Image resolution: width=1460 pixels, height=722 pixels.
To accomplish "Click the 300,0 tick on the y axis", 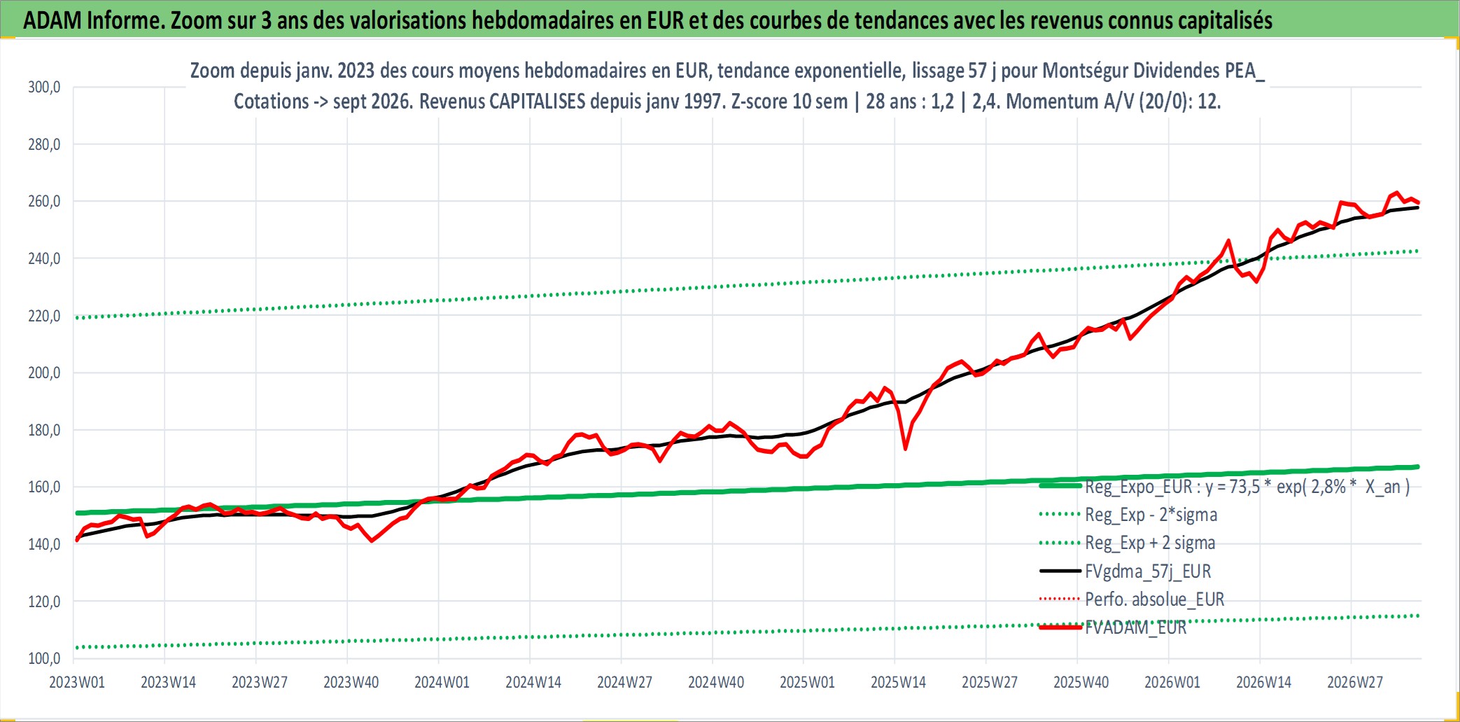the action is click(44, 88).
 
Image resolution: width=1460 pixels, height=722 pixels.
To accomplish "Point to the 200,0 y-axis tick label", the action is click(44, 373).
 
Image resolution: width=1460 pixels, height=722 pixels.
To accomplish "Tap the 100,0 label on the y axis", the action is click(44, 658).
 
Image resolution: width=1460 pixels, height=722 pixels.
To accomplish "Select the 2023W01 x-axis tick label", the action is click(77, 682).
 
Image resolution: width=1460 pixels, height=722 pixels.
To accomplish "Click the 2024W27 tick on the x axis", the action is click(624, 682).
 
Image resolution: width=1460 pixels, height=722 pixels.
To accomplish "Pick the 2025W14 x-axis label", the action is click(898, 682).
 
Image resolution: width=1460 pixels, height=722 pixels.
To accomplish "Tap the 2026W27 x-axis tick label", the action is click(1355, 682).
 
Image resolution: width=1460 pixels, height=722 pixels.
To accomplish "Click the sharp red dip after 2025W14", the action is click(905, 448).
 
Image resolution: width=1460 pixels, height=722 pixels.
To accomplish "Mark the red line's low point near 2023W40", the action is click(372, 541).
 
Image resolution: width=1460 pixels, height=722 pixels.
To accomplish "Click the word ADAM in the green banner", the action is click(52, 20).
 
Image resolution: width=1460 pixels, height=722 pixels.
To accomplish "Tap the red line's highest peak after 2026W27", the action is click(1397, 192).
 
